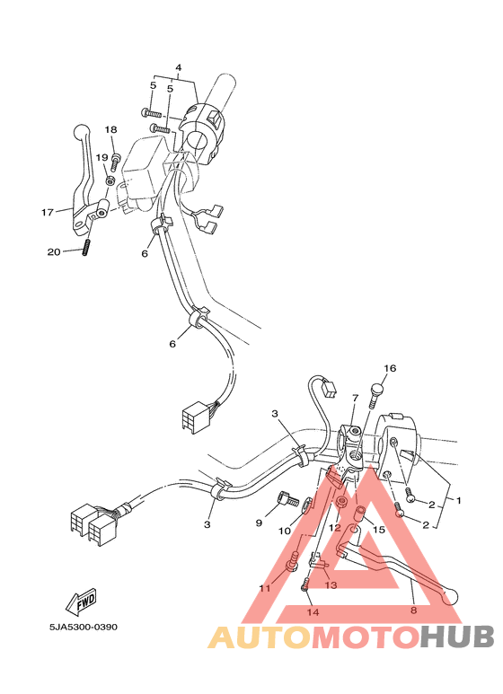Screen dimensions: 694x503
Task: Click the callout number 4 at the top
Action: tap(178, 68)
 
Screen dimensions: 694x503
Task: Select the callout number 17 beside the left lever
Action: tap(47, 213)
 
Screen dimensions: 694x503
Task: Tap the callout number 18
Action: tap(110, 130)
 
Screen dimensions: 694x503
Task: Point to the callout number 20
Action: tap(54, 252)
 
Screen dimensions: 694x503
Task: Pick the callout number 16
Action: tap(389, 369)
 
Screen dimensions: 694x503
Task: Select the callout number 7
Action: tap(355, 397)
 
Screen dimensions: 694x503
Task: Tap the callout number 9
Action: tap(259, 523)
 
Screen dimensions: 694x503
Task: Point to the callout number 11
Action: tap(264, 588)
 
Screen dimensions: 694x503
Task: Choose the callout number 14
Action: tap(313, 612)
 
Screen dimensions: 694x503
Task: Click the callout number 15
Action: tap(378, 531)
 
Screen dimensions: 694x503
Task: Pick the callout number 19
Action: tap(101, 158)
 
